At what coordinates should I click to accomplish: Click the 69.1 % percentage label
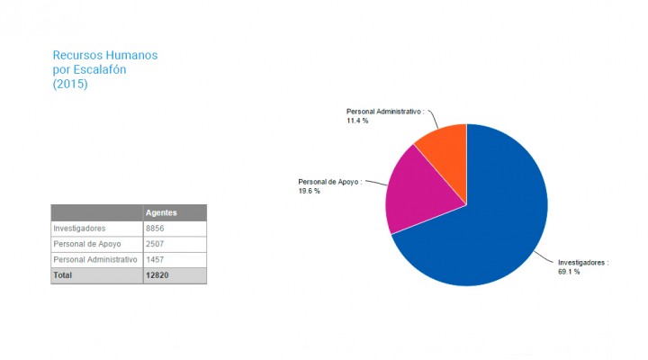coord(569,272)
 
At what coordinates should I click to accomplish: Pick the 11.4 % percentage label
coord(357,121)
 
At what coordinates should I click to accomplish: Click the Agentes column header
coord(161,212)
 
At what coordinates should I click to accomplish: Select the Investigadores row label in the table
coord(79,229)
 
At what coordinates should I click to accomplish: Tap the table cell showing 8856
coord(155,229)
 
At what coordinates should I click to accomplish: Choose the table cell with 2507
coord(155,244)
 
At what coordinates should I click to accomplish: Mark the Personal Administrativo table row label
coord(95,259)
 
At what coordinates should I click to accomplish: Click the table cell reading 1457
coord(155,259)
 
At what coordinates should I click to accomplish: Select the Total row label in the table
coord(63,275)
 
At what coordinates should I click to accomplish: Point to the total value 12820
coord(157,275)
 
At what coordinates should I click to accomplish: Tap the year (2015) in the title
coord(70,85)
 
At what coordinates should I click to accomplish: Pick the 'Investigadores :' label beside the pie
coord(583,263)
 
